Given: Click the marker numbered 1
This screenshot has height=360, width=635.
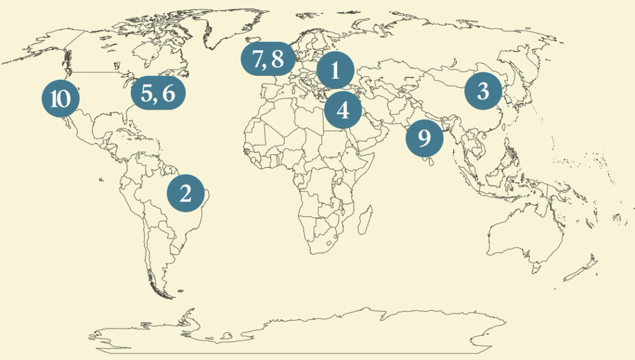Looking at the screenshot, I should pyautogui.click(x=335, y=71).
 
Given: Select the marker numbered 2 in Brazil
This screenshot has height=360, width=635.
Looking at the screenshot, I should pyautogui.click(x=186, y=193).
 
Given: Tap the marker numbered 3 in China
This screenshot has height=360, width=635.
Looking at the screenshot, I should pyautogui.click(x=483, y=91).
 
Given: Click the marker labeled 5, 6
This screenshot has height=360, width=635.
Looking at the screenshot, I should pyautogui.click(x=158, y=93).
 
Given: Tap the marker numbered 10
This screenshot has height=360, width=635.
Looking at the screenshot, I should pyautogui.click(x=61, y=99).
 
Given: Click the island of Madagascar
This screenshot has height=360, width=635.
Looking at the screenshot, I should pyautogui.click(x=364, y=219).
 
